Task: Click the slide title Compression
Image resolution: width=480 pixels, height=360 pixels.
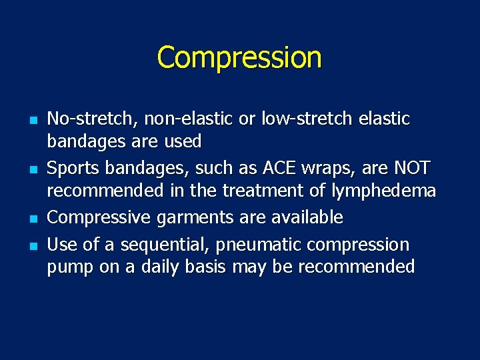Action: point(239,57)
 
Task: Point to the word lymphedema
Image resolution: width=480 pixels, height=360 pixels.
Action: point(383,192)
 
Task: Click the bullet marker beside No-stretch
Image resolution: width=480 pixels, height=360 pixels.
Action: point(31,121)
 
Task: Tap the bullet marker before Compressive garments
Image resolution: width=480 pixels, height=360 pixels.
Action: point(31,219)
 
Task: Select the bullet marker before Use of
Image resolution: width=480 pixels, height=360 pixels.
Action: point(31,246)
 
